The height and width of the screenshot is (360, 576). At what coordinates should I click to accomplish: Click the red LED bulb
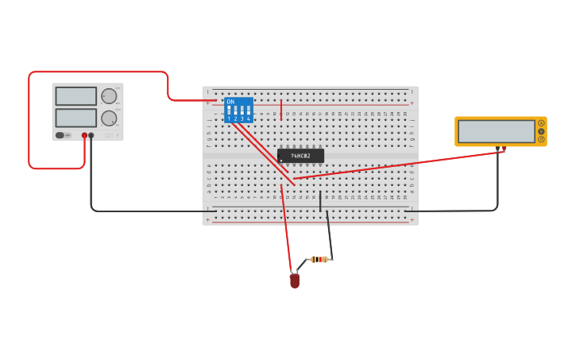coord(295,281)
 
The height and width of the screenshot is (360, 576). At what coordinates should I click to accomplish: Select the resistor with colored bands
coord(319,259)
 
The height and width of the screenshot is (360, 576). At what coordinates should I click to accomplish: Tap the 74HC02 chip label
coord(300,156)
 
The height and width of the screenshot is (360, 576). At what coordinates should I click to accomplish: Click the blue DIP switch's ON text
coord(230,102)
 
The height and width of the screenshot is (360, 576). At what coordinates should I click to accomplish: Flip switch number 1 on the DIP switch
coord(229,111)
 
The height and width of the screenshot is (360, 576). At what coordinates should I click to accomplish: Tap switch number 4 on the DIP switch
coord(249,111)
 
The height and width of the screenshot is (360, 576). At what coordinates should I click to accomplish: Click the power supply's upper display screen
coord(76,96)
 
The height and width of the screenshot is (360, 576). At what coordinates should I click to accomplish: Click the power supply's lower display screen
coord(76,118)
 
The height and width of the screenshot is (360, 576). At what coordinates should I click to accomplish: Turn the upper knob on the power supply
coord(109,96)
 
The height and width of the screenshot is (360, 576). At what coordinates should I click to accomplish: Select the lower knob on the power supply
coord(109,118)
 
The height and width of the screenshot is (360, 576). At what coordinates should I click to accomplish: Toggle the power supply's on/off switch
coord(60,135)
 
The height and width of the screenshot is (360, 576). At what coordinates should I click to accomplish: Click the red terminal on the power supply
coord(84,136)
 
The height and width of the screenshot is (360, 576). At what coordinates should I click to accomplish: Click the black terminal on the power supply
coord(91,136)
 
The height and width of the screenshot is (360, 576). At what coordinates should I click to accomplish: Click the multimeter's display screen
coord(496,131)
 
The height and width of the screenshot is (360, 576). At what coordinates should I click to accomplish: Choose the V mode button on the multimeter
coord(541,131)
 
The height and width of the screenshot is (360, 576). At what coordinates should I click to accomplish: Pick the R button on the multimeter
coord(541,139)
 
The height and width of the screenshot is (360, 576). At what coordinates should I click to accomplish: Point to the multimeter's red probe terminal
coord(504,148)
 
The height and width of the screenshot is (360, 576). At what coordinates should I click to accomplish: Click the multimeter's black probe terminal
coord(497,148)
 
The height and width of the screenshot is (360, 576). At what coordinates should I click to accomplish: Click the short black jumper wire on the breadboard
coord(320,201)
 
